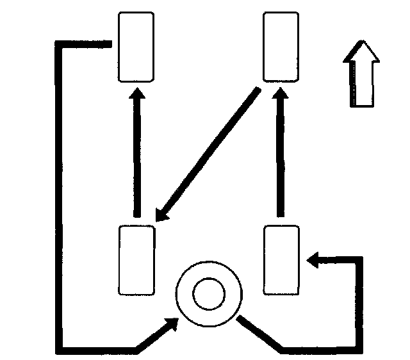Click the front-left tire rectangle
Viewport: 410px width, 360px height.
136,47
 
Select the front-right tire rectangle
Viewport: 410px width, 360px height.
280,47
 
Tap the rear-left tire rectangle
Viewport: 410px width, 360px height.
137,260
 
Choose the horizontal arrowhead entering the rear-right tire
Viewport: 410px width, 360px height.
315,259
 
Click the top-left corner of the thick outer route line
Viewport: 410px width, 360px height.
59,44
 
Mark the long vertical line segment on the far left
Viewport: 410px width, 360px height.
59,192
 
